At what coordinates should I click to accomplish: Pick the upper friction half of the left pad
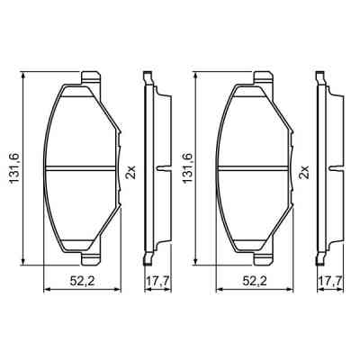[x=81, y=126]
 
